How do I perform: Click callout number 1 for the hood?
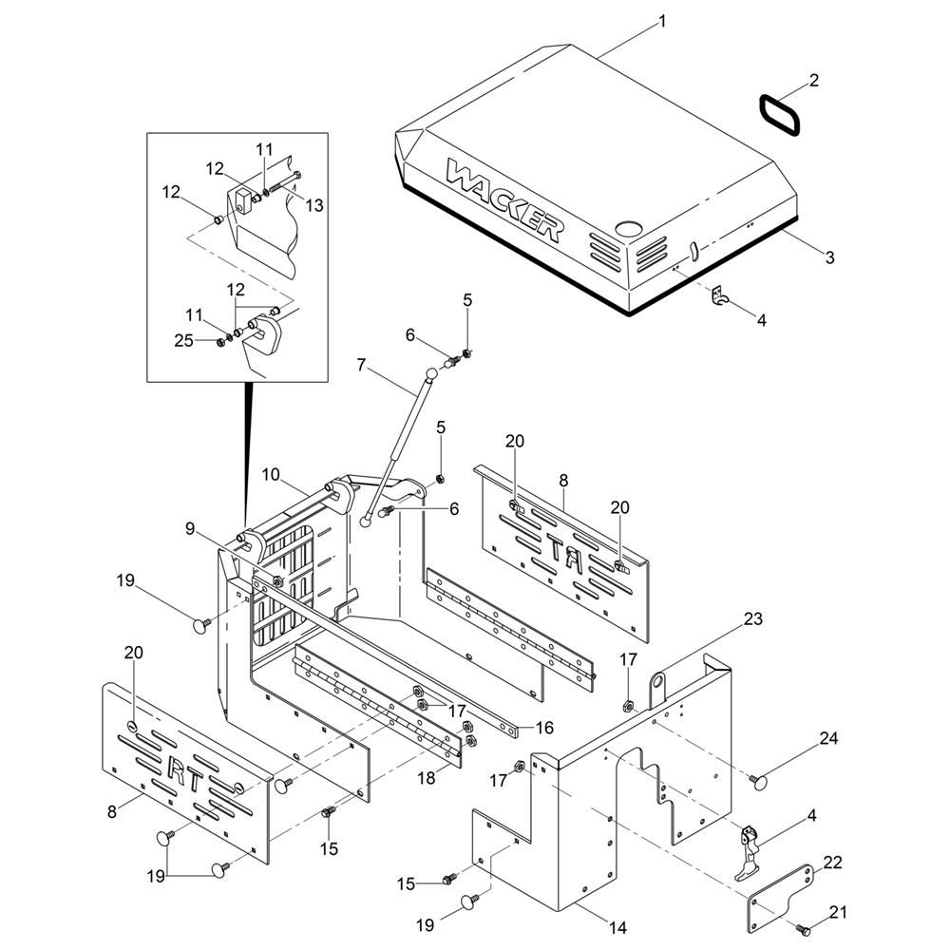tap(662, 20)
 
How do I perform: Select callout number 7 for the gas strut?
tap(361, 363)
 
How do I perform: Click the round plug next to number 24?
tap(759, 780)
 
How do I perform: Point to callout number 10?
tap(270, 473)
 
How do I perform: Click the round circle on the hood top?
tap(627, 229)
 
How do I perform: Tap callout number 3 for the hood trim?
tap(828, 257)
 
